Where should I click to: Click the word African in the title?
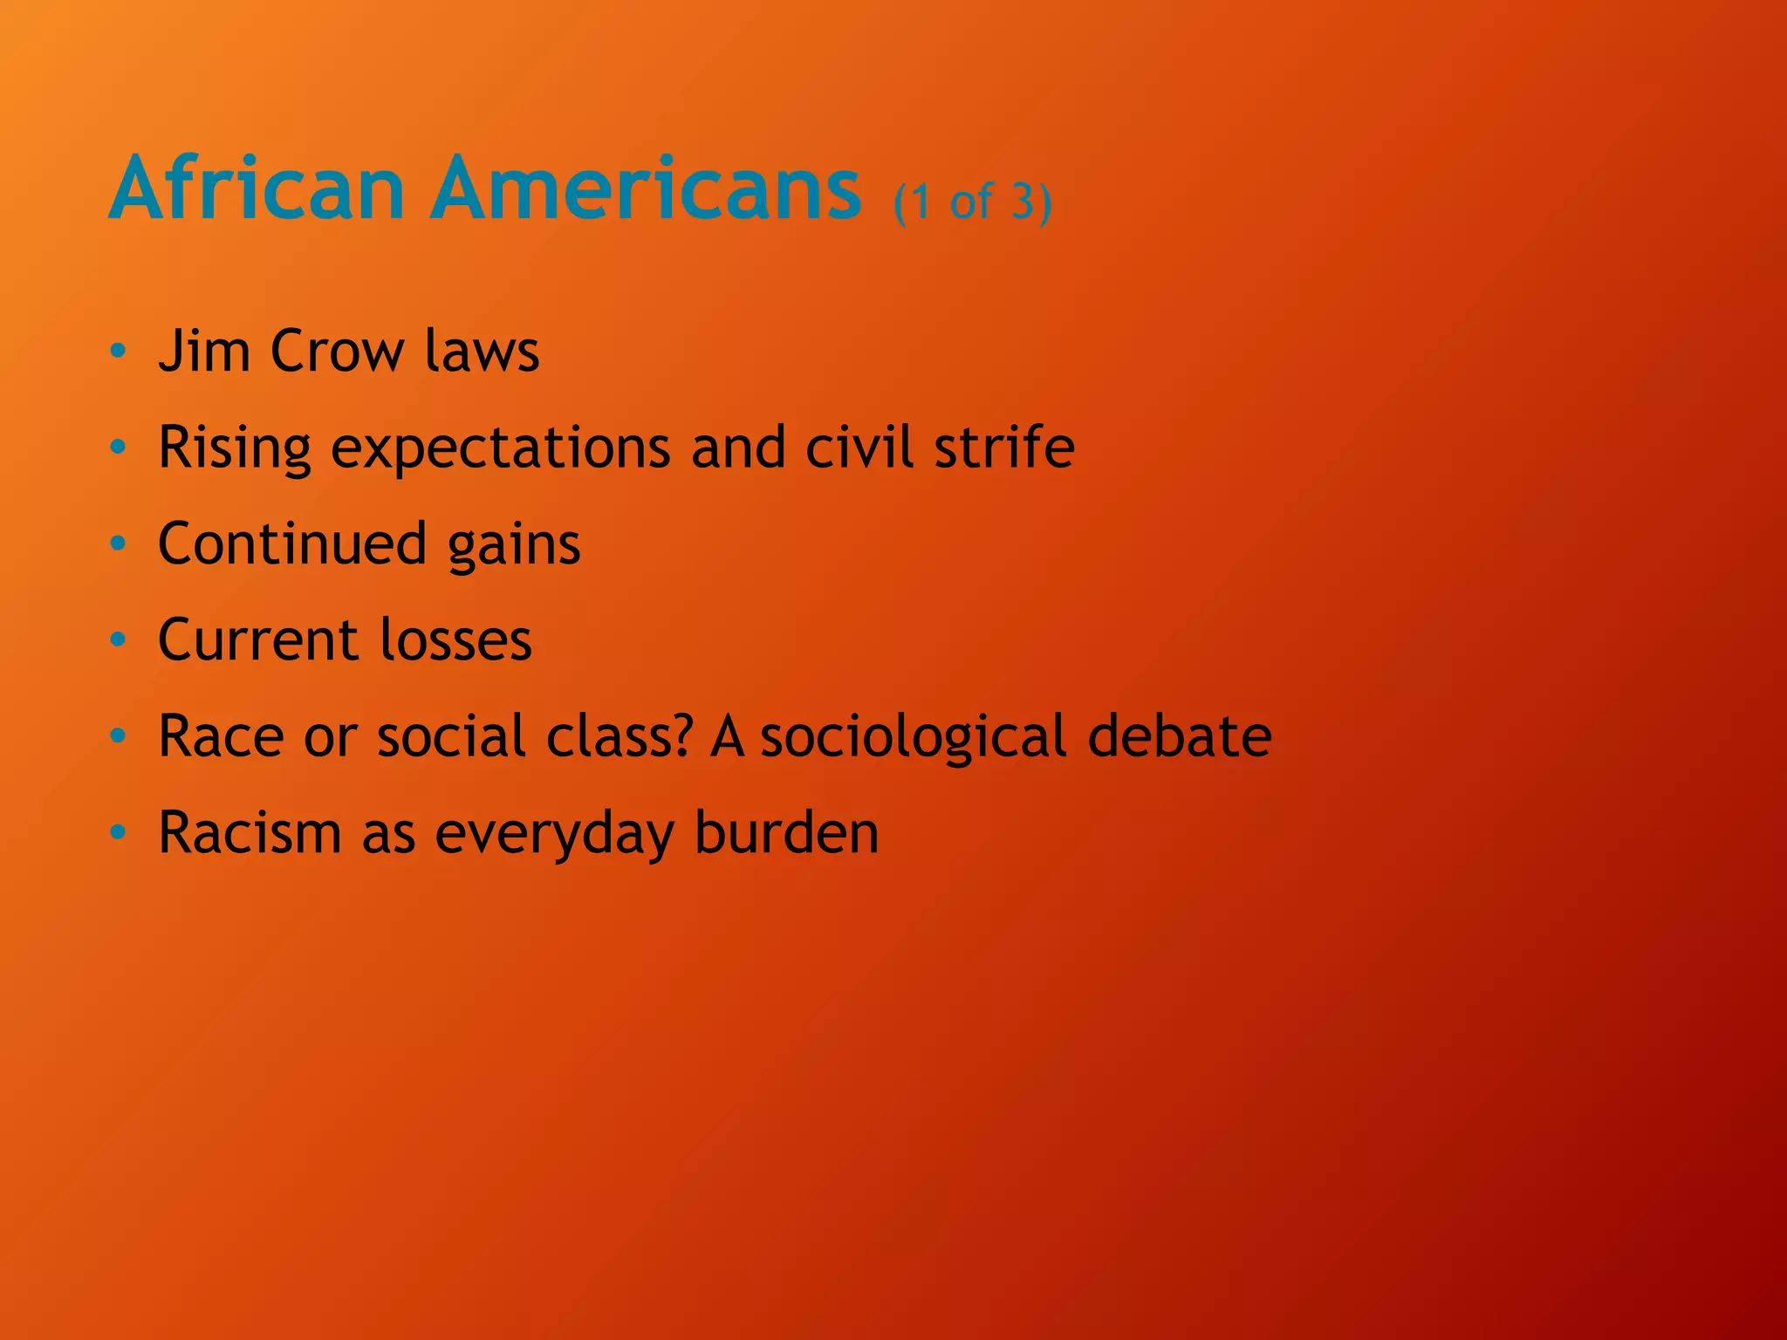point(257,188)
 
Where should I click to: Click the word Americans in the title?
point(646,188)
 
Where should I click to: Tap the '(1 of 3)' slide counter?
point(972,202)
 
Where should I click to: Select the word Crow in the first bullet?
point(337,352)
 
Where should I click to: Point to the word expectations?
point(501,448)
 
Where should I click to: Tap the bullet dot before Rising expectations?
point(119,448)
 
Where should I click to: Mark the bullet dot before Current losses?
point(119,641)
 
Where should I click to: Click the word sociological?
point(914,737)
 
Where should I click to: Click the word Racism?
point(250,832)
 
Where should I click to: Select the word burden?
point(786,832)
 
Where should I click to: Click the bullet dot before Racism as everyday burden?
point(119,833)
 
